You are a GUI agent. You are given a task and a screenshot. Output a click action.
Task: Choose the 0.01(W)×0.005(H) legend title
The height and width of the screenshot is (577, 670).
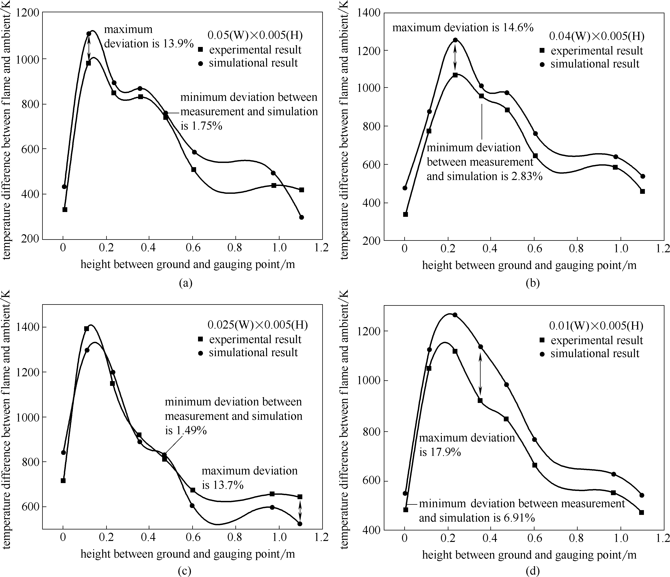(x=596, y=326)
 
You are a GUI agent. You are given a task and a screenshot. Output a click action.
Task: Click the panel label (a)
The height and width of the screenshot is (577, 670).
(x=185, y=283)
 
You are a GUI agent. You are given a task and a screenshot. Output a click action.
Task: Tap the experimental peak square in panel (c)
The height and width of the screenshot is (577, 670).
(x=86, y=329)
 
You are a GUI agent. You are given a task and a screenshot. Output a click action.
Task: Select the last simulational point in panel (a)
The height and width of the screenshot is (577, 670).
(x=301, y=217)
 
